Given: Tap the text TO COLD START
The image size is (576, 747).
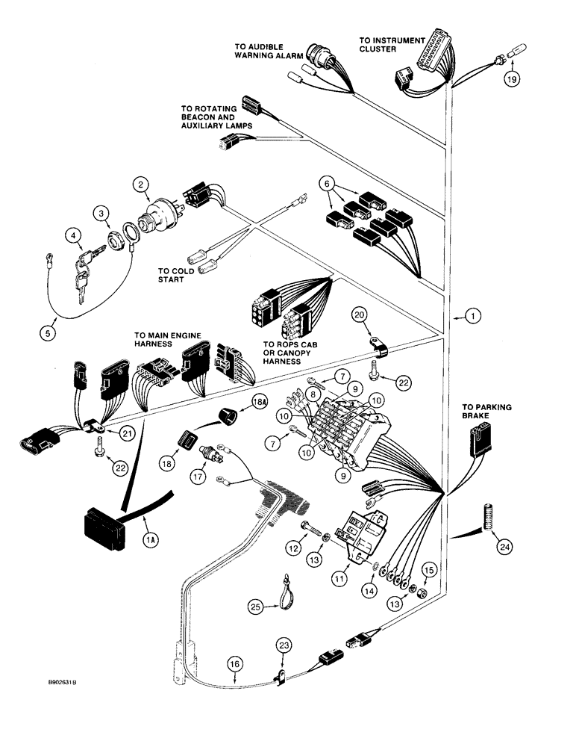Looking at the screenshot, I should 175,276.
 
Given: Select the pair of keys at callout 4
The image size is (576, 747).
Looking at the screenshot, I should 84,267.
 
